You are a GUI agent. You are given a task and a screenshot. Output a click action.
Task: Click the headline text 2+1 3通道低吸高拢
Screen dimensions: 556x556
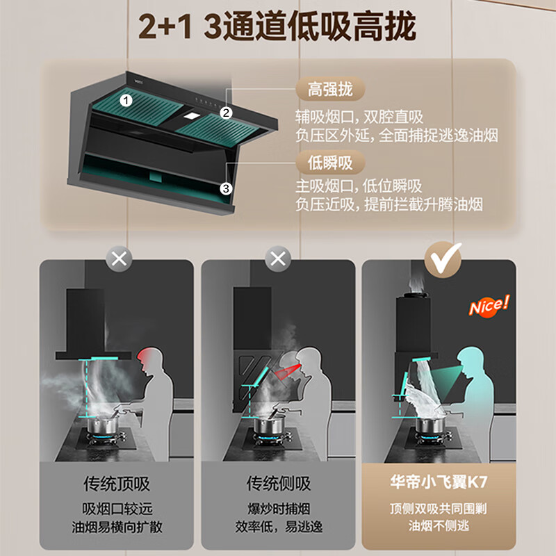click(x=277, y=27)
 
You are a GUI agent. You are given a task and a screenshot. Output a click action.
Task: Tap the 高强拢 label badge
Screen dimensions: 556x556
click(x=330, y=90)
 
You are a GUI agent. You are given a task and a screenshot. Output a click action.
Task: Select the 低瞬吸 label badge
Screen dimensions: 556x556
click(x=330, y=163)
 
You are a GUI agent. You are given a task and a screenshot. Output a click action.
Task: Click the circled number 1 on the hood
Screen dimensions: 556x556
click(x=126, y=99)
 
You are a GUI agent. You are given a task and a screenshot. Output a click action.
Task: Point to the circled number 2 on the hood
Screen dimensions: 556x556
click(x=225, y=113)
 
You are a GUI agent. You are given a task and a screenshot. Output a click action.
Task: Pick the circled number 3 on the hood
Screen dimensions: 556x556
click(x=225, y=188)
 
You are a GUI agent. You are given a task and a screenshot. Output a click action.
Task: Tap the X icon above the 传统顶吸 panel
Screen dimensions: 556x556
click(x=119, y=260)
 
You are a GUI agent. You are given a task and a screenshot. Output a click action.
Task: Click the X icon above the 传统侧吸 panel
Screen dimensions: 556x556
click(x=278, y=260)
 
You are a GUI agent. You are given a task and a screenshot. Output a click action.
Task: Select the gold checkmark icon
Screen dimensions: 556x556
click(x=443, y=259)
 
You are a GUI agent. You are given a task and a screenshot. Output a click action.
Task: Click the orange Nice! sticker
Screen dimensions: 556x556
click(x=489, y=306)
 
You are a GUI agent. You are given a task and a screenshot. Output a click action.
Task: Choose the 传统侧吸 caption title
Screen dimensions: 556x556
click(x=278, y=484)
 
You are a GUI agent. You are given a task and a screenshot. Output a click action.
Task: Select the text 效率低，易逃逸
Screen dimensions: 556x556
click(x=278, y=527)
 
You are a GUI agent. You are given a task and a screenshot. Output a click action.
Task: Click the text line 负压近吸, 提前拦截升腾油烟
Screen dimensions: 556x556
click(x=388, y=205)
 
